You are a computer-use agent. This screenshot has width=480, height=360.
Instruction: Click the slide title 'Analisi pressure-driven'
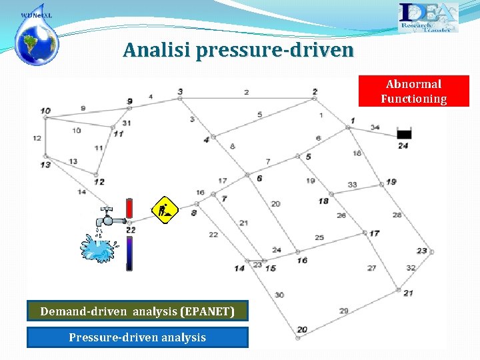coord(238,50)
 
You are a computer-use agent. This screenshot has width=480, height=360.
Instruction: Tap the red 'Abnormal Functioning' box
coord(413,91)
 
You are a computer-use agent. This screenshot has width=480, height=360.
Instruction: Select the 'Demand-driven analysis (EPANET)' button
coord(137,311)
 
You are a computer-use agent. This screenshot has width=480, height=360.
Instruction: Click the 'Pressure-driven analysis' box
coord(137,337)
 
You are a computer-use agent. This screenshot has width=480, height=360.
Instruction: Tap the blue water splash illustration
coord(99,247)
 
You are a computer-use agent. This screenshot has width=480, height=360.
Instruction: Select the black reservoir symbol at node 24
coord(404,134)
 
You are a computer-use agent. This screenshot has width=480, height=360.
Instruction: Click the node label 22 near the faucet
coord(131,230)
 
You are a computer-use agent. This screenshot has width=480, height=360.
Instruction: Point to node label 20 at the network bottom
coord(302,330)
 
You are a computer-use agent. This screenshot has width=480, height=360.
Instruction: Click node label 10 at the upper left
coord(45,111)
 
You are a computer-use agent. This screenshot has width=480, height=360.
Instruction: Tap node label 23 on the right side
coord(422,251)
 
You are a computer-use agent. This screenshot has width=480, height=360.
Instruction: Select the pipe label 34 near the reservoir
coord(375,127)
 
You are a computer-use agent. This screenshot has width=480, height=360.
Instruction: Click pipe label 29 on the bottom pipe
coord(344,311)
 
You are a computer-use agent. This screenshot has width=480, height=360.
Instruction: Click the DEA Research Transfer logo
coord(428,17)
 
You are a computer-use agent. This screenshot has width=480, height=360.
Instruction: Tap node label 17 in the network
coord(374,233)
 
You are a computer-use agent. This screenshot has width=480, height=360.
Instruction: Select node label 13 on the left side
coord(45,165)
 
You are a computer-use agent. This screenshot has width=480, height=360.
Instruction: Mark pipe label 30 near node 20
coord(279,295)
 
